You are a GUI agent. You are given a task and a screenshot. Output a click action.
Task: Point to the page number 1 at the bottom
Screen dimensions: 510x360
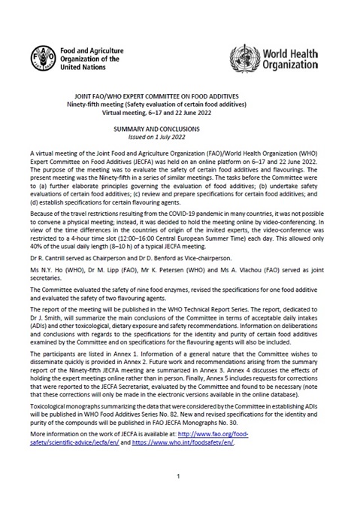[x=180, y=476]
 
